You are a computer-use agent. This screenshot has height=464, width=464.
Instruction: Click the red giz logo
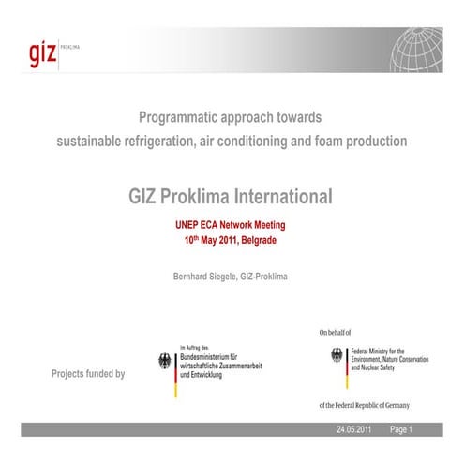41,51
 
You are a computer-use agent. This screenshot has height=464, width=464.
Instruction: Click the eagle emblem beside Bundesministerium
166,363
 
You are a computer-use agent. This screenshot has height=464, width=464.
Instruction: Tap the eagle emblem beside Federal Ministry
337,357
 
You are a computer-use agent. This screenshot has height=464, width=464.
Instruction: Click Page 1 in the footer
401,429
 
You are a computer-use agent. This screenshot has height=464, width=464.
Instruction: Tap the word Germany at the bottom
393,403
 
